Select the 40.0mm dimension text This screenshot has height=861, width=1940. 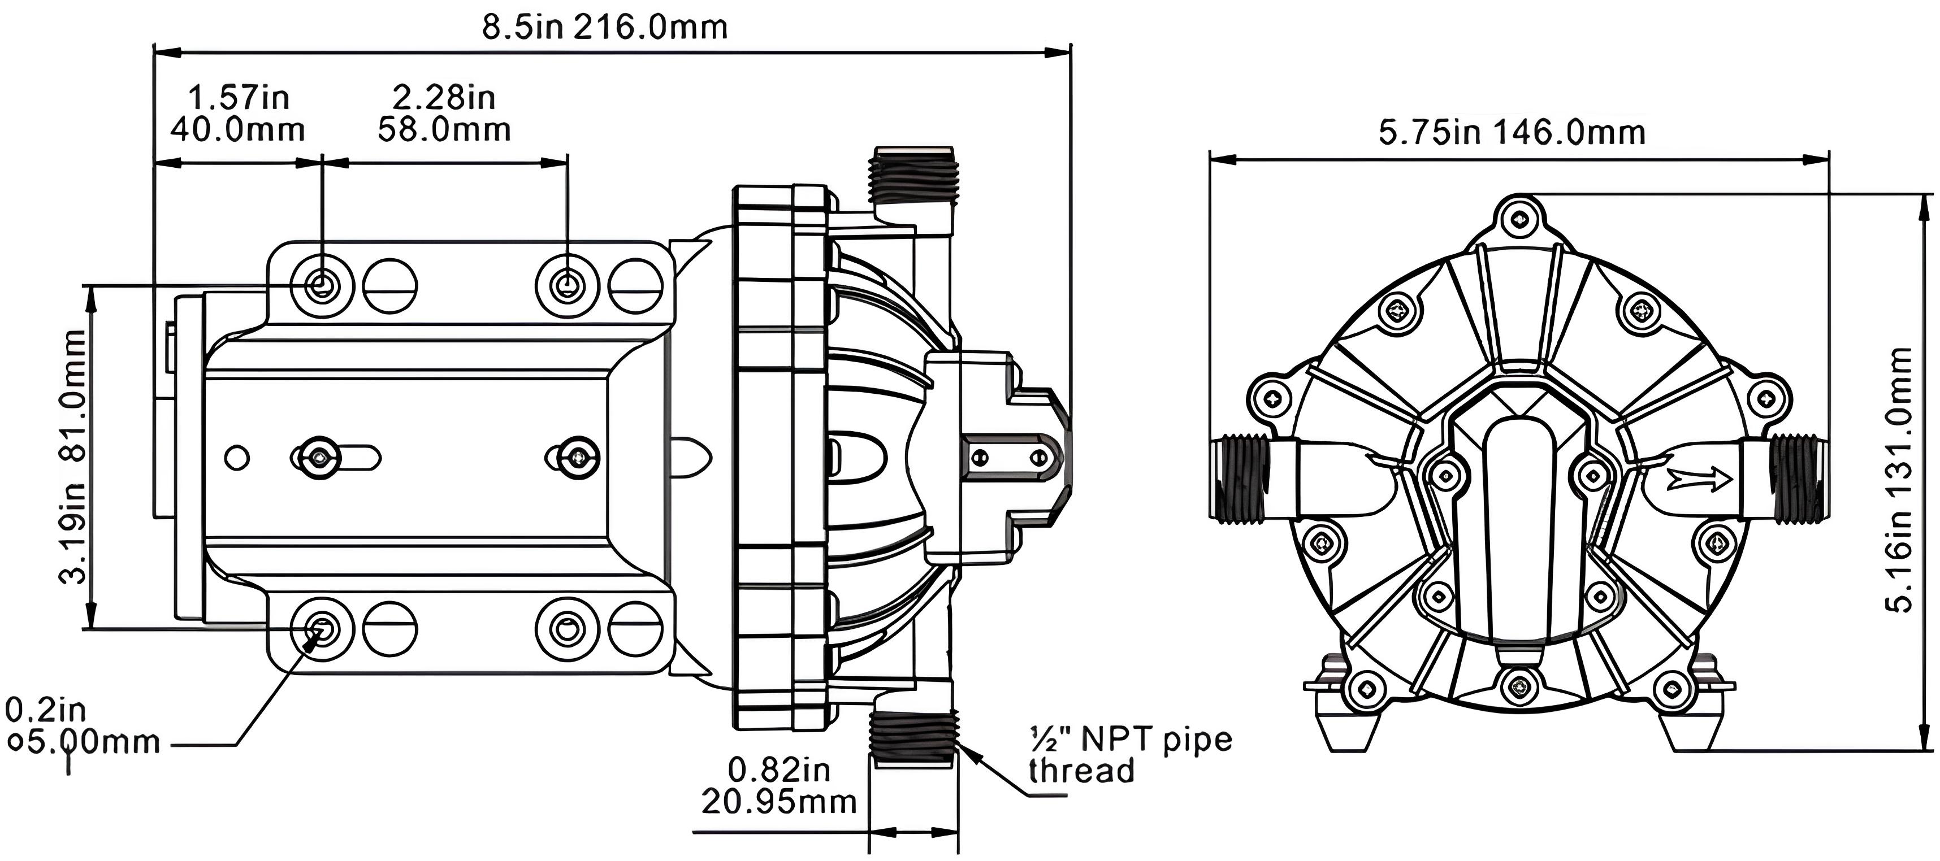[x=237, y=129]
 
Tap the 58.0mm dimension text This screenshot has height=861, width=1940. [x=444, y=129]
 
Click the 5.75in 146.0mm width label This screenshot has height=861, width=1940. [x=1512, y=132]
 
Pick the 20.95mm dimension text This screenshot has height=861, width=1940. [x=780, y=802]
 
